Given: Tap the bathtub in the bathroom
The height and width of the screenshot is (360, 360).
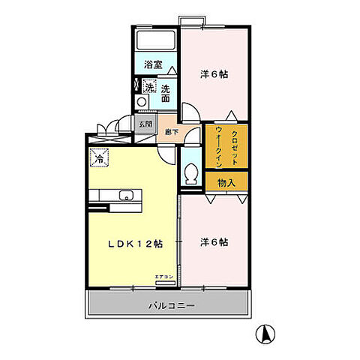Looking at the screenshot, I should (155, 40).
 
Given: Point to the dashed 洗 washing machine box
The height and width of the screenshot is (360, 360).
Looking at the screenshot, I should (148, 87).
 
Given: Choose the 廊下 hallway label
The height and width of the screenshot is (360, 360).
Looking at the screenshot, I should (172, 133).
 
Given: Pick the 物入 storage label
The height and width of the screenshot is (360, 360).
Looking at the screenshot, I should (227, 183).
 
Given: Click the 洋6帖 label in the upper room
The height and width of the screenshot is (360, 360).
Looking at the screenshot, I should (214, 74).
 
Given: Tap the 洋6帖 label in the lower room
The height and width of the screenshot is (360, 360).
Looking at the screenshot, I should (214, 242).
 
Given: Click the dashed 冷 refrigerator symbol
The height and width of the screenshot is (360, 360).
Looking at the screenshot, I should (99, 158).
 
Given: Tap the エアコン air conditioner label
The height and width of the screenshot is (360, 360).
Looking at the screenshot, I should (164, 278).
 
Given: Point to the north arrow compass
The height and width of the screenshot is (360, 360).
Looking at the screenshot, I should (265, 334).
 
